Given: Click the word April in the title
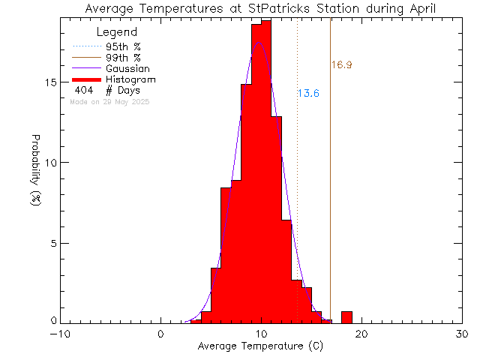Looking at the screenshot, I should coord(419,9).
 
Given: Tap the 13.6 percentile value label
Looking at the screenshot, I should coord(308,94).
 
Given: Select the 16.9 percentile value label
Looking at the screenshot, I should coord(341,65).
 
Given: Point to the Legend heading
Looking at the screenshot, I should coord(117,32).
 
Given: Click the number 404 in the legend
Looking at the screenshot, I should coord(84,90).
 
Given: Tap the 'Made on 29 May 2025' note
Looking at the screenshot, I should coord(109,101).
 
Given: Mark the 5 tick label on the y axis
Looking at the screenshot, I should coord(52,243).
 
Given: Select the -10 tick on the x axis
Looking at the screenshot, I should coord(60,334).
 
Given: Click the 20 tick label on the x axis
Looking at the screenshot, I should coord(361,334).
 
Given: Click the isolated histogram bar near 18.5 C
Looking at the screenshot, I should coord(346,316).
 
